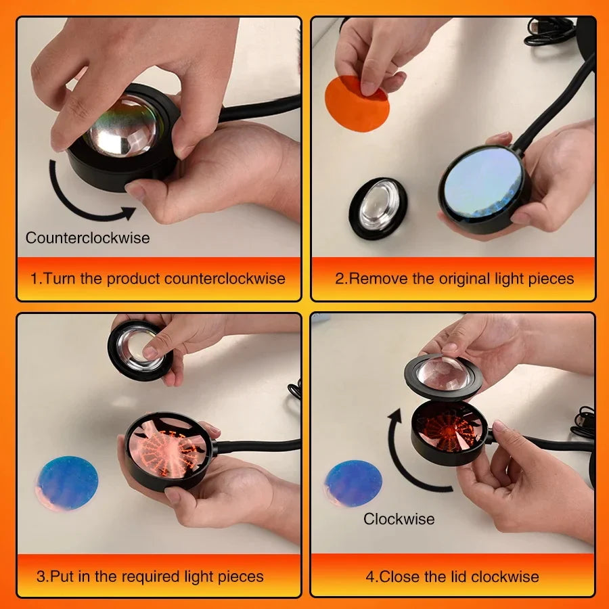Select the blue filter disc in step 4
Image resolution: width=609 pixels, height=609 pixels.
pos(354,481)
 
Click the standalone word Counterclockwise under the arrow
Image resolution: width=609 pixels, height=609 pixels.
pos(87,238)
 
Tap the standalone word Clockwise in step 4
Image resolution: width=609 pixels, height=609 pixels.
pos(399,519)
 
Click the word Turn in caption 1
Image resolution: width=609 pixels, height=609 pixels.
pos(58,278)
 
